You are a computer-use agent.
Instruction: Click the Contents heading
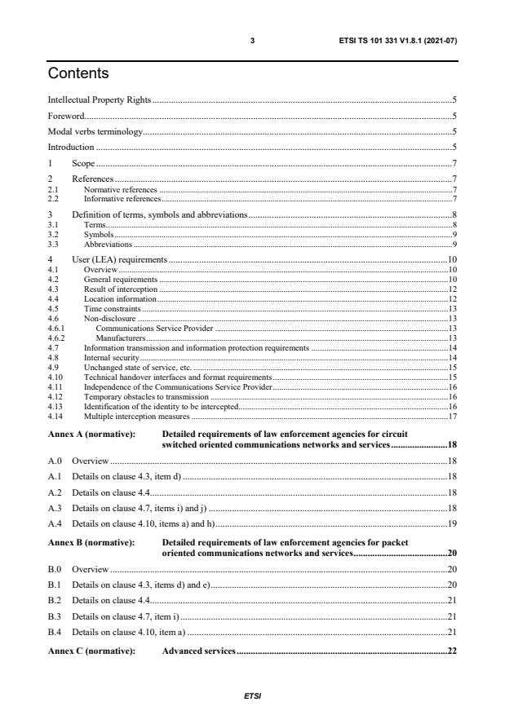pos(78,74)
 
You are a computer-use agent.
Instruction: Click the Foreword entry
pos(66,116)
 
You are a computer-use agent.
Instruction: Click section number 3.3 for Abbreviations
pos(53,244)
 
